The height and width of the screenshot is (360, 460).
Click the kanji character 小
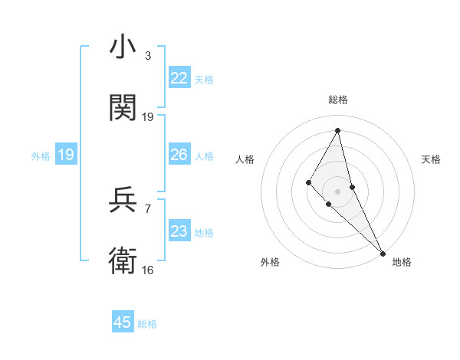click(123, 48)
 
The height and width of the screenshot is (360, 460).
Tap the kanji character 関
click(123, 107)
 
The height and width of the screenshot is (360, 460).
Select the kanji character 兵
click(123, 200)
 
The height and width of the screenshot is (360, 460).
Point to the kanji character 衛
click(123, 260)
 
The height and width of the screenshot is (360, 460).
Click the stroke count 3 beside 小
click(148, 56)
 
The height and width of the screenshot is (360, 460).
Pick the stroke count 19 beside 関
click(148, 116)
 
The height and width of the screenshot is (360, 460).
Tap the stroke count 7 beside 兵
click(148, 208)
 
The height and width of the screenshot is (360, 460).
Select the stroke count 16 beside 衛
click(148, 270)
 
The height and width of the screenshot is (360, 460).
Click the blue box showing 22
click(179, 78)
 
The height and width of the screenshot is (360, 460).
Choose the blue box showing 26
click(179, 155)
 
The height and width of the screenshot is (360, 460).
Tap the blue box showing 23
click(179, 231)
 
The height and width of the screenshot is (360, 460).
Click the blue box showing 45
click(123, 322)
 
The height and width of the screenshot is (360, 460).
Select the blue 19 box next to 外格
click(66, 155)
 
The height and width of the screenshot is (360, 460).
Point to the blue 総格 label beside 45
click(147, 324)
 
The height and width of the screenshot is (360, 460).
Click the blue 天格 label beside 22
click(204, 79)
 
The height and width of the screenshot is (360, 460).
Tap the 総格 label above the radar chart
click(338, 100)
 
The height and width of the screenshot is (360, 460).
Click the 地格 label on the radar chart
click(402, 262)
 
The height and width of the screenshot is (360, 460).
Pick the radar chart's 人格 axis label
click(245, 159)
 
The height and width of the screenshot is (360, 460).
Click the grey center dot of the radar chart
click(337, 191)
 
